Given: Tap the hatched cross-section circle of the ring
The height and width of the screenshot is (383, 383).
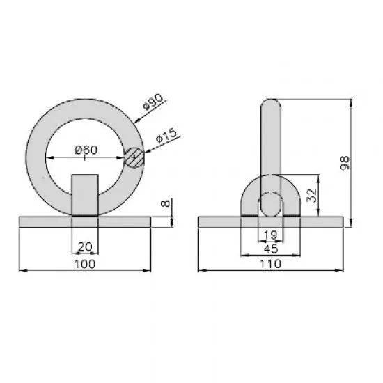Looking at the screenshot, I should (x=135, y=157).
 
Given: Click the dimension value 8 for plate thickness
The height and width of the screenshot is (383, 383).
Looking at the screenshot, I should (x=164, y=206).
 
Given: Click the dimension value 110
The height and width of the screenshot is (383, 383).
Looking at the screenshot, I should (x=270, y=263).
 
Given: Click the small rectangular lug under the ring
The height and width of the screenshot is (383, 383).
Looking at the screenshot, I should (x=85, y=195).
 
